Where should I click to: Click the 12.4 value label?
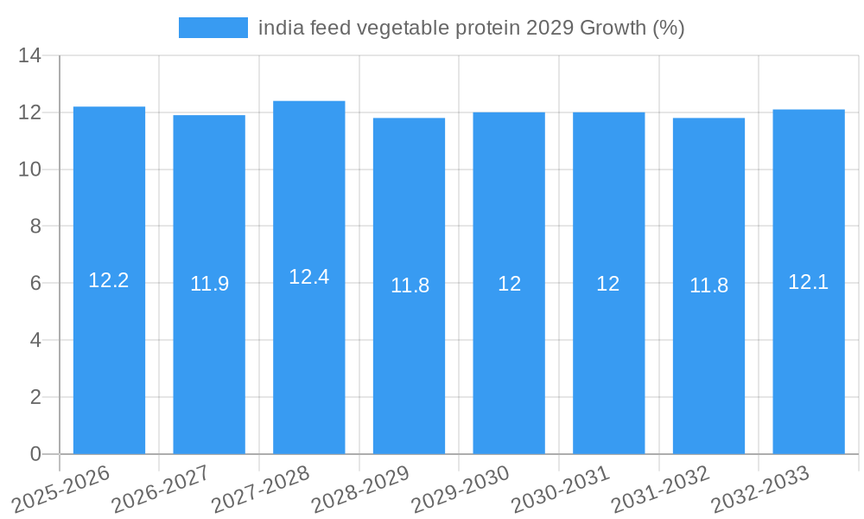(x=308, y=277)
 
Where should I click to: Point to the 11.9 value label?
(x=209, y=284)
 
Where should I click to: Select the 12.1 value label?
(x=809, y=281)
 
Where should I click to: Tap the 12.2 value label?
(x=109, y=280)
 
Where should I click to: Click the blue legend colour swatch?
(x=213, y=28)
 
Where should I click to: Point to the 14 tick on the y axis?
(x=30, y=56)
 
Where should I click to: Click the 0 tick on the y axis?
(x=35, y=454)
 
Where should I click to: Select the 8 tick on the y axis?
(x=35, y=227)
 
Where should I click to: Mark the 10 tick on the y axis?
(x=30, y=170)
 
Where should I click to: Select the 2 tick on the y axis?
(x=35, y=397)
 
